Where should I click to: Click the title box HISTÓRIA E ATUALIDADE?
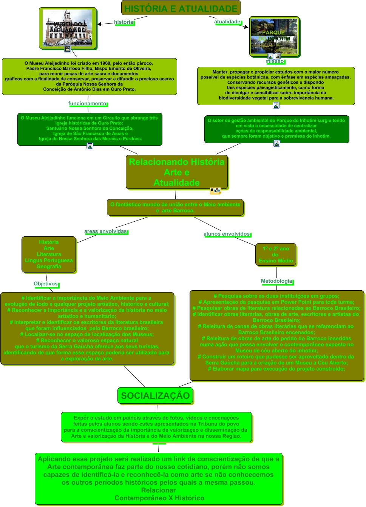pos(181,8)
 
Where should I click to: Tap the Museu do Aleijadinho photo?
pos(68,28)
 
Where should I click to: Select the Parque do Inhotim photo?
pos(274,36)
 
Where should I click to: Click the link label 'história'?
pos(124,22)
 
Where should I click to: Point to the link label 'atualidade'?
pos(227,22)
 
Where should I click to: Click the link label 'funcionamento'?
pos(88,104)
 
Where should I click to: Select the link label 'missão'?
pos(275,61)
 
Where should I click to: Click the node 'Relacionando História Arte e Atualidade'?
pos(177,172)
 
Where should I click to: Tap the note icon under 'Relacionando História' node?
pos(215,191)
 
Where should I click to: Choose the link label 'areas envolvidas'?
pos(106,231)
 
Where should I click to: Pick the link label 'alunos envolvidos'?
pos(227,234)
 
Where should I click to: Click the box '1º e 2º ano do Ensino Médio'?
pos(276,255)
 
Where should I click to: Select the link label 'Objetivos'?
pos(46,284)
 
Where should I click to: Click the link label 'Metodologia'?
pos(277,281)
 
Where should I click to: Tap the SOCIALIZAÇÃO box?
pos(155,396)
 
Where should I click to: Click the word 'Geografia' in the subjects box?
pos(49,267)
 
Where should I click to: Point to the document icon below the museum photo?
pos(68,49)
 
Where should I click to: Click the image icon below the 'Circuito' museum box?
pos(90,146)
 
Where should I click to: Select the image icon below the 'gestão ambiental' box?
pos(277,143)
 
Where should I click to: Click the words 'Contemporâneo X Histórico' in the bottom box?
pos(159,498)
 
